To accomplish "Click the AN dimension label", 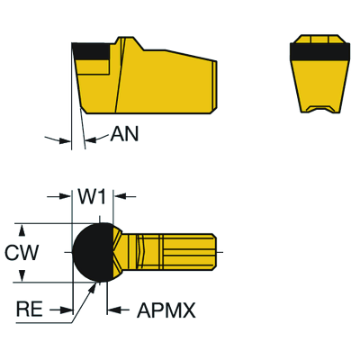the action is point(124,133).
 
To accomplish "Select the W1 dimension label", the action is point(93,197).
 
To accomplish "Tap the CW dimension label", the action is point(22,253).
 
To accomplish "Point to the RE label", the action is point(30,310).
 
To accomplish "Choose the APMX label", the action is point(166,310).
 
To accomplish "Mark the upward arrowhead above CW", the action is point(22,230).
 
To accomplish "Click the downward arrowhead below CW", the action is point(22,275).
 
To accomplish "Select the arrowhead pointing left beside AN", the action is point(90,140).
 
